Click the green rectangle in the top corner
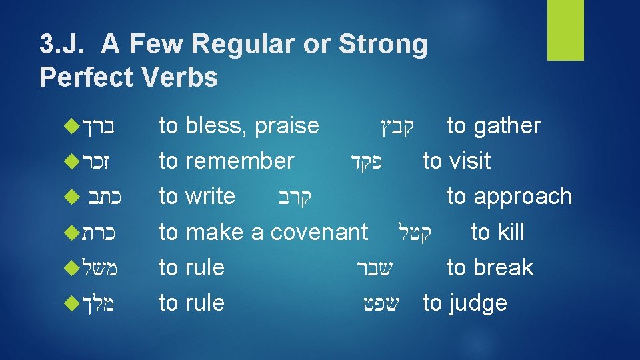(565, 30)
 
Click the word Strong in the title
(383, 45)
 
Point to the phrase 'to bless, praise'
(239, 125)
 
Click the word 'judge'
(478, 303)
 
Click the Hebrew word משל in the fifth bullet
(101, 268)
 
